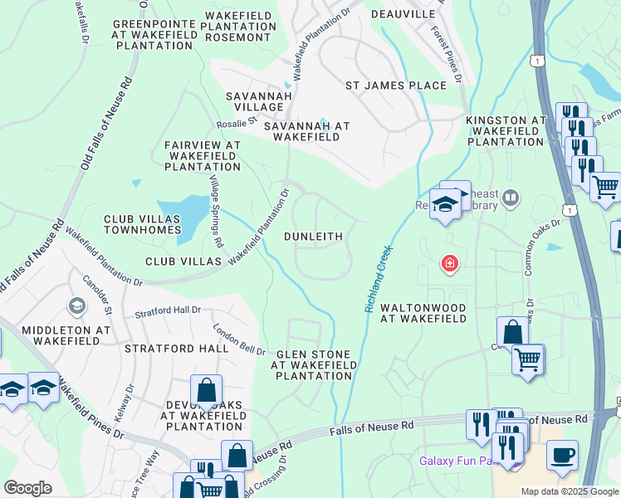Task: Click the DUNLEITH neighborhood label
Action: [313, 237]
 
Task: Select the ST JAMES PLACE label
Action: [396, 85]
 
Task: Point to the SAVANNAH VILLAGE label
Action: [255, 102]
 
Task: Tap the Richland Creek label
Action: [378, 278]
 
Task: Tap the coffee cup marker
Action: [562, 455]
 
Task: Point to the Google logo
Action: [27, 488]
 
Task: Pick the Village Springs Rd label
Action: [217, 212]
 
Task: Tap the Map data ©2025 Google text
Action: [570, 491]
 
